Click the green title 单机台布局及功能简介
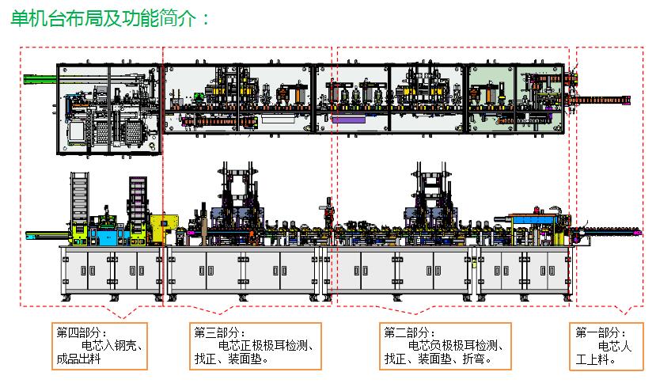point(104,19)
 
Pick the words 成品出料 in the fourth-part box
point(78,359)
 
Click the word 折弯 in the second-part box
point(473,359)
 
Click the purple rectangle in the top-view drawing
point(348,120)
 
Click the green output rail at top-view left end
point(40,79)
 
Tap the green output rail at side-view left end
point(47,235)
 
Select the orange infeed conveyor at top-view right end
point(599,100)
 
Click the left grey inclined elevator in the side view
point(79,197)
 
